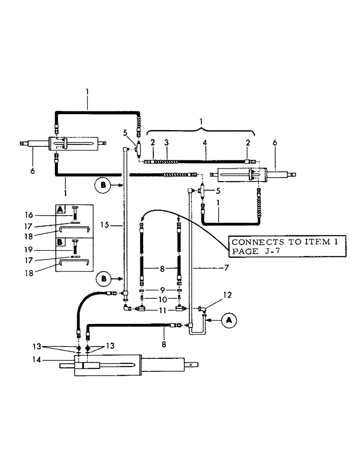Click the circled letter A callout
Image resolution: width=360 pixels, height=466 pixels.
pyautogui.click(x=228, y=320)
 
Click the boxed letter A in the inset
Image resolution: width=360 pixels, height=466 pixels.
pyautogui.click(x=61, y=209)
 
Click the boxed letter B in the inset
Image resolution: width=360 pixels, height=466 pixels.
pyautogui.click(x=61, y=242)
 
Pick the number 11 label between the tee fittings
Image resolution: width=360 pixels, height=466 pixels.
pyautogui.click(x=156, y=309)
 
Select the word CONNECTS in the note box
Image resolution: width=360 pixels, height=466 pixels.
pyautogui.click(x=254, y=242)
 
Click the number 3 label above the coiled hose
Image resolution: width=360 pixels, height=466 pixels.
pyautogui.click(x=166, y=143)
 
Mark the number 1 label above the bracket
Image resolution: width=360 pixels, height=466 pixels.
pyautogui.click(x=201, y=121)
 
